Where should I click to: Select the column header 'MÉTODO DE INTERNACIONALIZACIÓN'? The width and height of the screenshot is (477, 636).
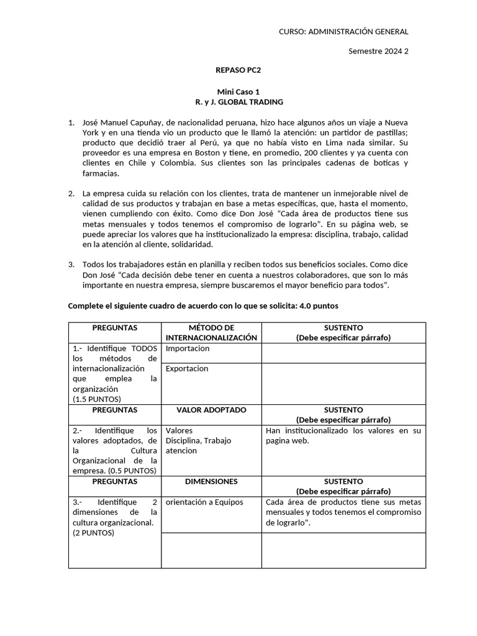(211, 332)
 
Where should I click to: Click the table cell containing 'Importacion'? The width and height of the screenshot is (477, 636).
(188, 348)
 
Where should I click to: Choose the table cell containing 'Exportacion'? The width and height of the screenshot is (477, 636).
(187, 368)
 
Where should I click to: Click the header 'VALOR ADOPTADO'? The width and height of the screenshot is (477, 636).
(211, 410)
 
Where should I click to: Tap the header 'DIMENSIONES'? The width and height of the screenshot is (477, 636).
(211, 481)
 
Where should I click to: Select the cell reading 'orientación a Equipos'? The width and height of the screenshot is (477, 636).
(204, 502)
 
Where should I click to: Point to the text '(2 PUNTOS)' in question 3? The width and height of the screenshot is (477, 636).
(93, 532)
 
